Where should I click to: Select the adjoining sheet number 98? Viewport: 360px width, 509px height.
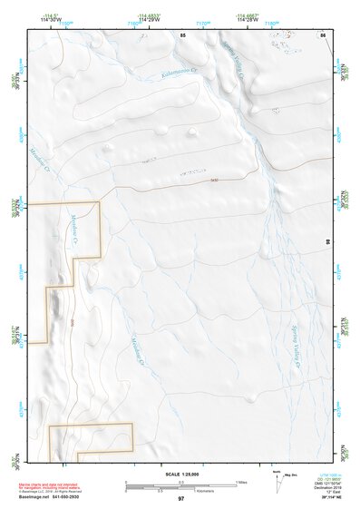click(327, 240)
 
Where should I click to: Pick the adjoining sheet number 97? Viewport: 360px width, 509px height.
click(181, 498)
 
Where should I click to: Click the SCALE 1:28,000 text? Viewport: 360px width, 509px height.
click(182, 474)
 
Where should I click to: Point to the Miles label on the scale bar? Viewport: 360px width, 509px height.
click(240, 481)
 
